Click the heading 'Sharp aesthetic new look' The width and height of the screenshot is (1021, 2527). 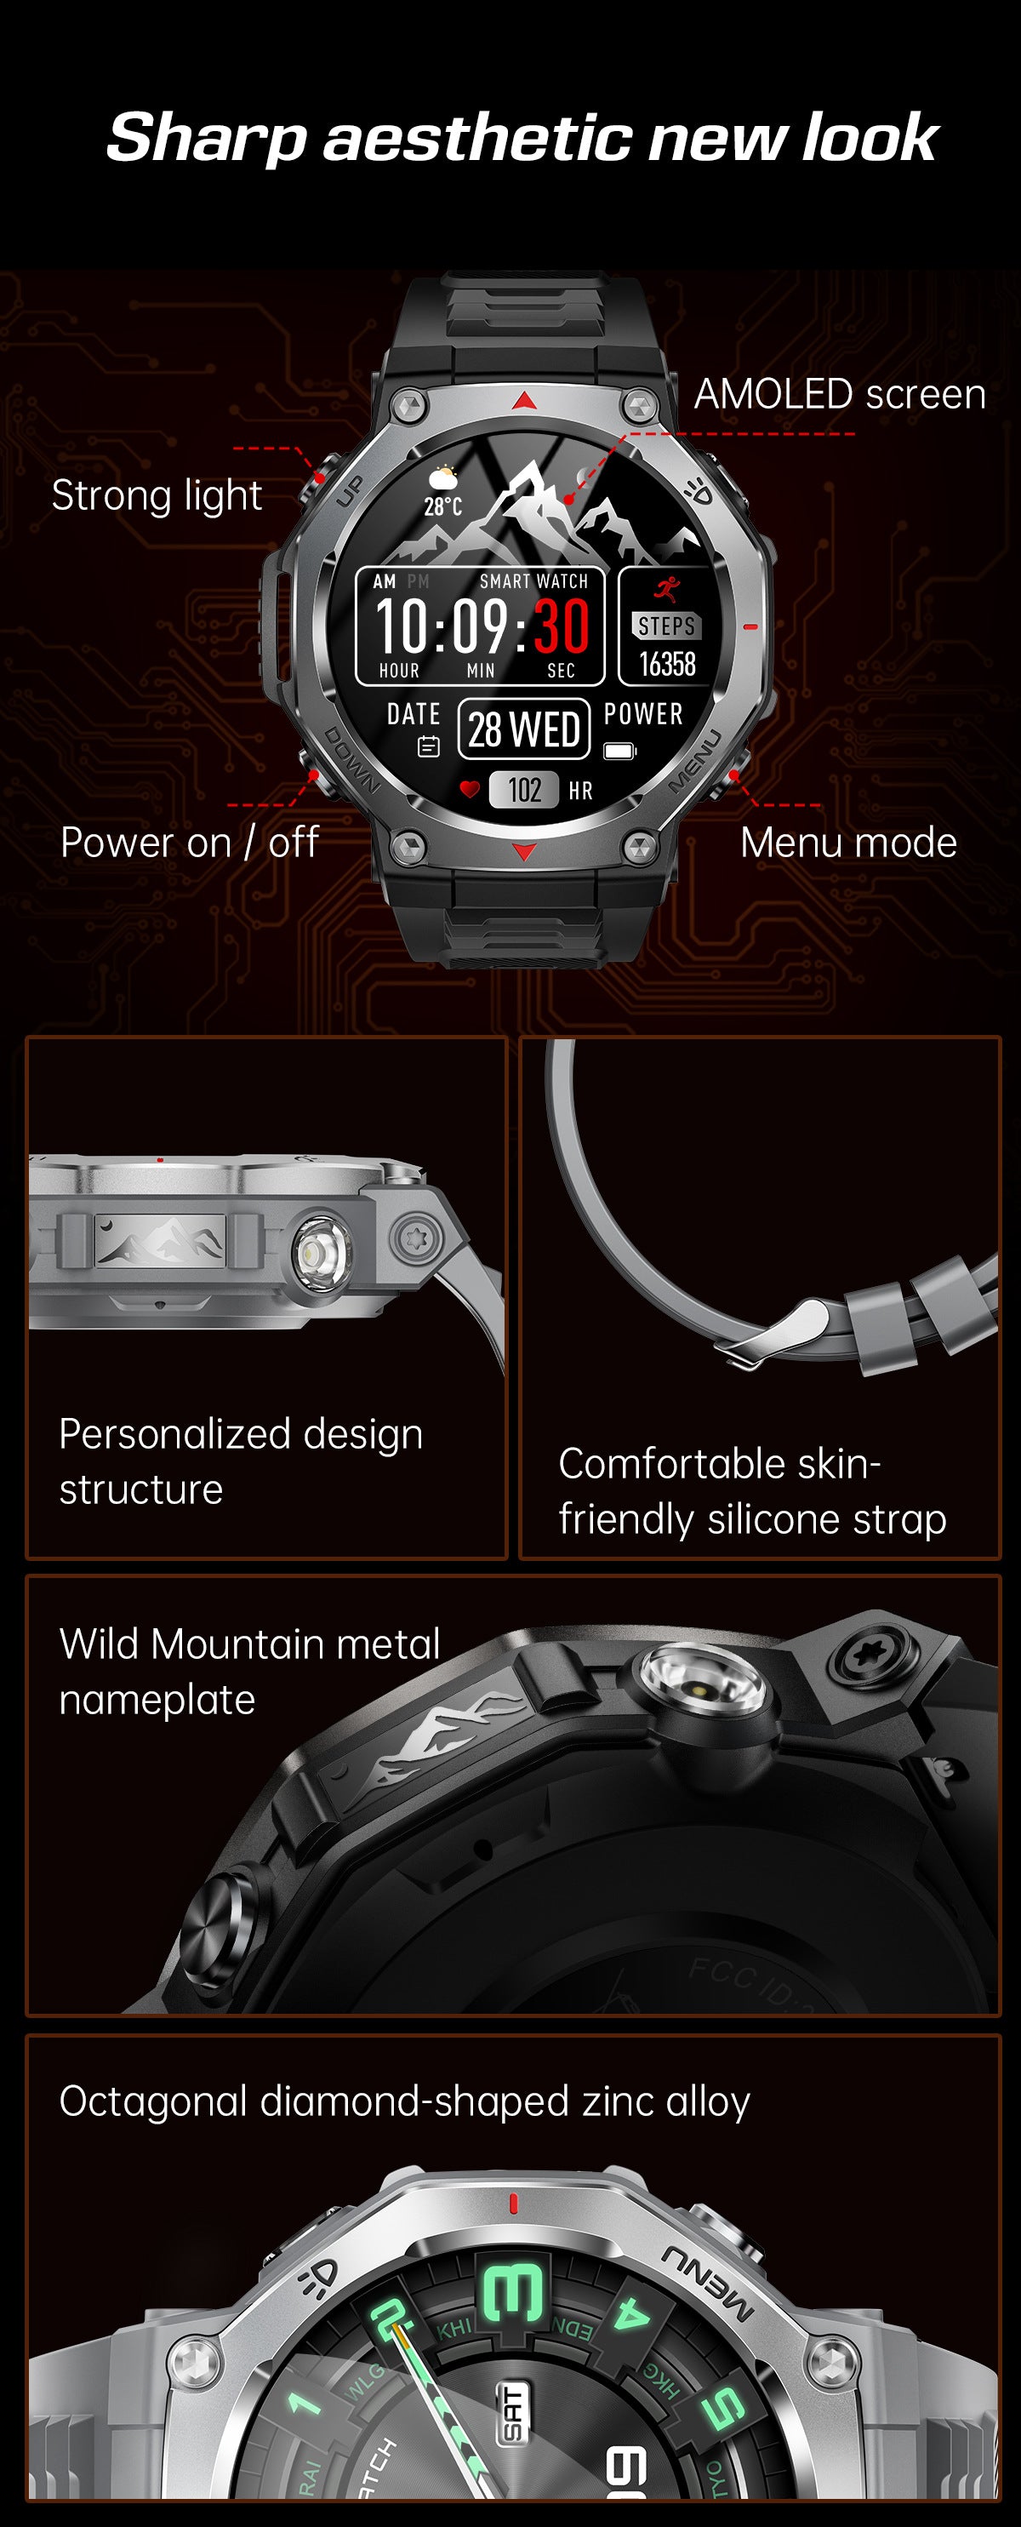[522, 136]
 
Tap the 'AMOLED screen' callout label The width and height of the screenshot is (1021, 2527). [840, 394]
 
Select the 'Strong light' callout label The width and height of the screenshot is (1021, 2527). [157, 495]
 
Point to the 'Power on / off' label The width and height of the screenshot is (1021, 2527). [189, 843]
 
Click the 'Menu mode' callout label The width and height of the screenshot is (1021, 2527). [848, 843]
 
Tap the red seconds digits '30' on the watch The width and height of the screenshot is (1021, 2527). [561, 626]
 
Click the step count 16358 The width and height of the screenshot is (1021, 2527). [667, 664]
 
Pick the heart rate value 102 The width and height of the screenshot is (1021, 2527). [525, 790]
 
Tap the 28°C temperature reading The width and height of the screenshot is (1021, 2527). [443, 506]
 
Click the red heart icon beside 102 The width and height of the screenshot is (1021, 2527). [470, 789]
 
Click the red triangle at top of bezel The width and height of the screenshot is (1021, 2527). [525, 400]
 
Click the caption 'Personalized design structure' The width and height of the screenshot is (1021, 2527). [240, 1461]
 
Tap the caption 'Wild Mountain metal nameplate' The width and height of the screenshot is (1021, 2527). [249, 1672]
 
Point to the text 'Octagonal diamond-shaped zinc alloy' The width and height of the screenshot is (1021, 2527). [404, 2101]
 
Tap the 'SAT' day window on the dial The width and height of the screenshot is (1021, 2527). [513, 2412]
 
